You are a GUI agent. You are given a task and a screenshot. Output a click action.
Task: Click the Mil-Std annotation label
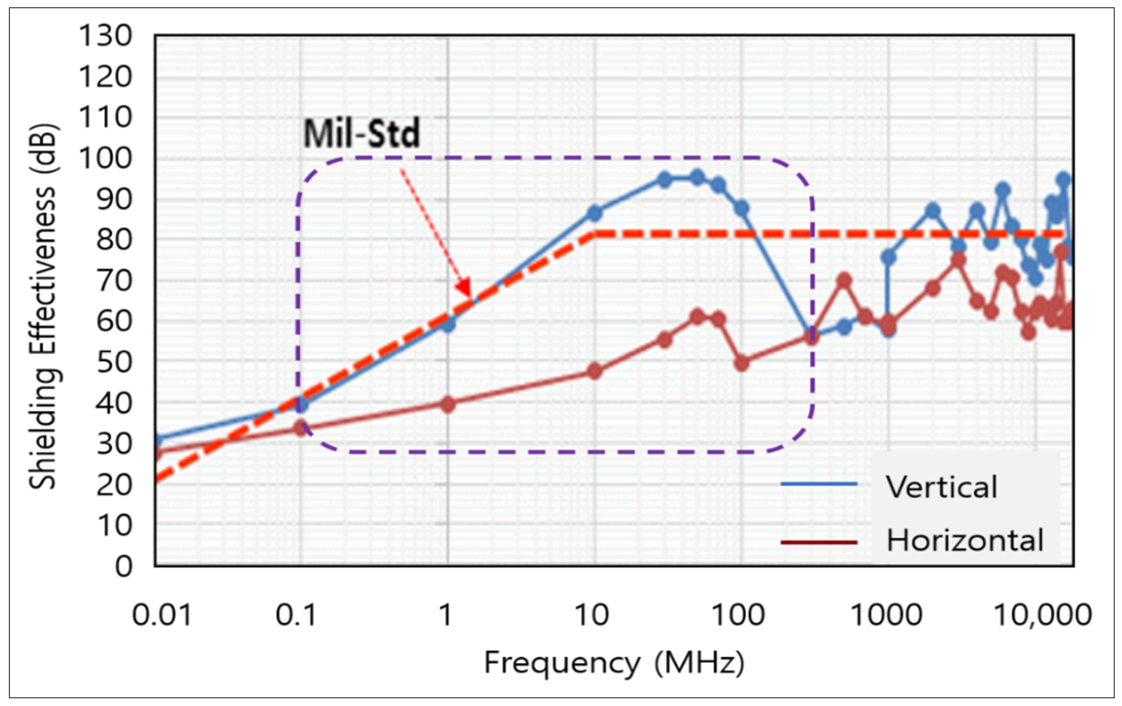[361, 133]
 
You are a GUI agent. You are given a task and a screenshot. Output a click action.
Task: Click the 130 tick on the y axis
[105, 36]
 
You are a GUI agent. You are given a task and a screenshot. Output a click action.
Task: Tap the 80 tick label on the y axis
[114, 240]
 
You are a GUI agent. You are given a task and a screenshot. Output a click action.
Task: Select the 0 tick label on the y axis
[123, 567]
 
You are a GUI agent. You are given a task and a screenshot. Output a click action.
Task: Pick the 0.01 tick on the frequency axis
[162, 615]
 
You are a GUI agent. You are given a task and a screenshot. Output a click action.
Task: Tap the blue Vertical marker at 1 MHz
[448, 324]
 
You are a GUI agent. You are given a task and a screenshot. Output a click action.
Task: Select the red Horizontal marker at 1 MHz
[448, 404]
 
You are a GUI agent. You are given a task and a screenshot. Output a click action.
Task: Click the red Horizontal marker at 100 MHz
[742, 363]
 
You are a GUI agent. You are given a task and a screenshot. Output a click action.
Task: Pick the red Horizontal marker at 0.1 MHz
[301, 427]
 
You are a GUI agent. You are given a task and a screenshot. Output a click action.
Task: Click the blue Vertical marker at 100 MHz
[742, 209]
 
